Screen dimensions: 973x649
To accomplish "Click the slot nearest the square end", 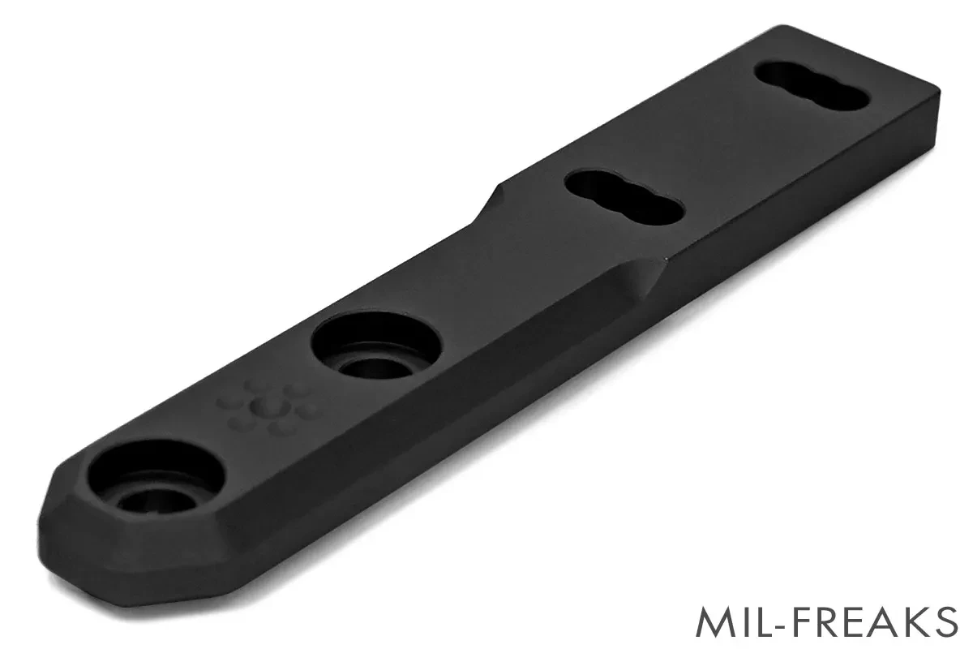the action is [x=812, y=85].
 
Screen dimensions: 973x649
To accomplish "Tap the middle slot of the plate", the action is [x=624, y=197].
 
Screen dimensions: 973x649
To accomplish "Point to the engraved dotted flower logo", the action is [x=267, y=406].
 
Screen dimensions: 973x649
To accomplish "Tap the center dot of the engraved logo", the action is [x=266, y=407].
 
